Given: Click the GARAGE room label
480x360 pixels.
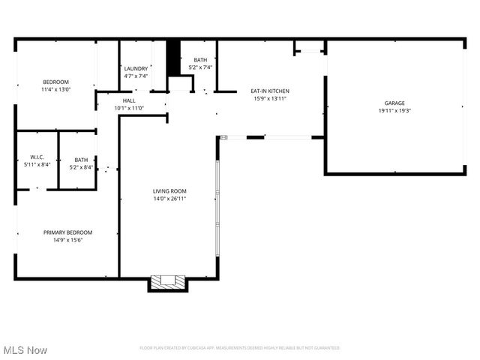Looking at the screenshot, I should pyautogui.click(x=394, y=103).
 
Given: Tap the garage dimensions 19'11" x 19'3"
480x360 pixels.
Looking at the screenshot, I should pyautogui.click(x=394, y=110).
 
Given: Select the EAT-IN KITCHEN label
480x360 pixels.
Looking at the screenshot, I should pyautogui.click(x=270, y=91).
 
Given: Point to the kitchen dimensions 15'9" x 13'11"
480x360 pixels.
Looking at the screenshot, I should pyautogui.click(x=270, y=98).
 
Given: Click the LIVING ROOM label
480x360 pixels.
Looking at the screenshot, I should pyautogui.click(x=169, y=191).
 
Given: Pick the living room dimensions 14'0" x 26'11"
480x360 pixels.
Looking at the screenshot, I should pyautogui.click(x=169, y=199).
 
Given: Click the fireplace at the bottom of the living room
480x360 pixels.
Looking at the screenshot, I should pyautogui.click(x=167, y=282).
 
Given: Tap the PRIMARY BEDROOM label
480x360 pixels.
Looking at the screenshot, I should pyautogui.click(x=67, y=232).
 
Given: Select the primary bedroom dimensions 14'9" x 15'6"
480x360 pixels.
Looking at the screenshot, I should pyautogui.click(x=67, y=241).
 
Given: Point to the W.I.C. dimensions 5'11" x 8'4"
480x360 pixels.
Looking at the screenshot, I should pyautogui.click(x=37, y=164).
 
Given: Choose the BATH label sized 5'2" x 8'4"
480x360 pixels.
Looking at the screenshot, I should pyautogui.click(x=81, y=159).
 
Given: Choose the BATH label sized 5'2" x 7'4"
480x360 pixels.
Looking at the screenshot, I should pyautogui.click(x=200, y=60).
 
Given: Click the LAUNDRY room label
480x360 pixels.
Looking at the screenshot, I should pyautogui.click(x=136, y=68).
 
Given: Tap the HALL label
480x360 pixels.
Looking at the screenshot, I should pyautogui.click(x=129, y=100).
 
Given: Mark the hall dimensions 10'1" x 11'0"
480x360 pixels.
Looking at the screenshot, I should pyautogui.click(x=129, y=108).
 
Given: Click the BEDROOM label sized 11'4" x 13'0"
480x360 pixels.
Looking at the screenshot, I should pyautogui.click(x=55, y=82).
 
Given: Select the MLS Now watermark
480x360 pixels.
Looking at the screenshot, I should pyautogui.click(x=25, y=350).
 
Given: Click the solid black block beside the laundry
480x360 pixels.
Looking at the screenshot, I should pyautogui.click(x=173, y=57).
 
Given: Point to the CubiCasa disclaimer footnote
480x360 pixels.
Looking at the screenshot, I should pyautogui.click(x=240, y=348).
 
